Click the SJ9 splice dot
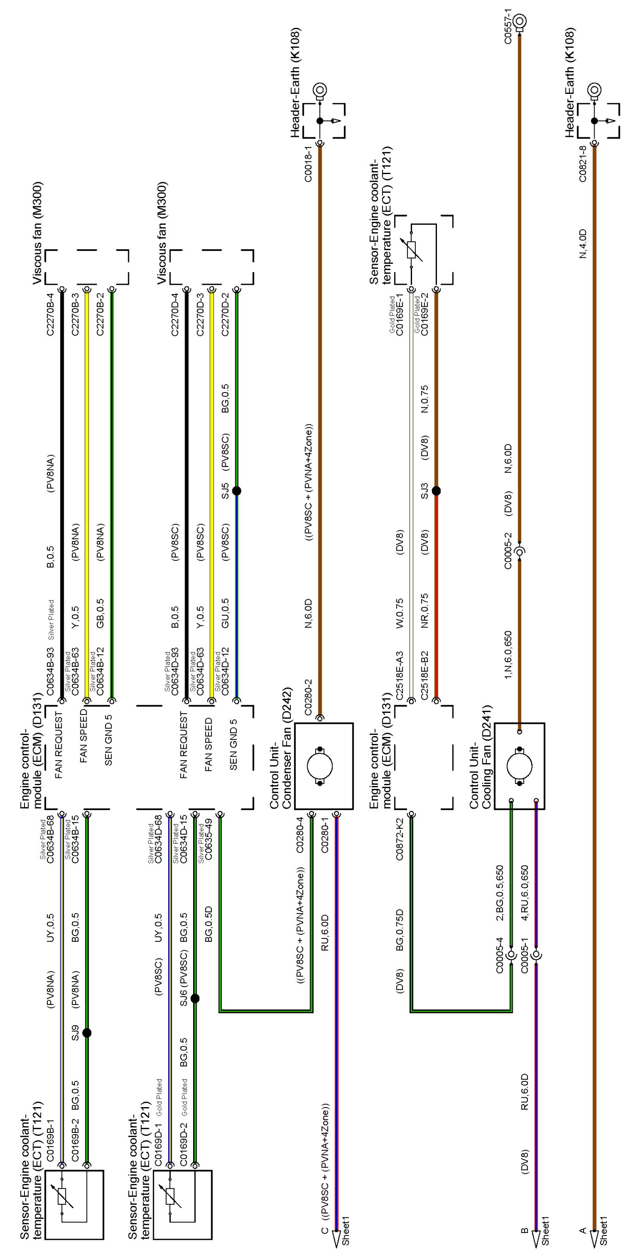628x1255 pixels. coord(87,1033)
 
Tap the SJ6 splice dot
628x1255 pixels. coord(195,999)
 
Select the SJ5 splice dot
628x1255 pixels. coord(237,491)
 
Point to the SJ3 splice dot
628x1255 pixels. coord(437,491)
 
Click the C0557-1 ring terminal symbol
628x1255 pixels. coord(520,21)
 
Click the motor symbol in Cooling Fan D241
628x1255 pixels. coord(519,767)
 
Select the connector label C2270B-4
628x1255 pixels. coord(51,314)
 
